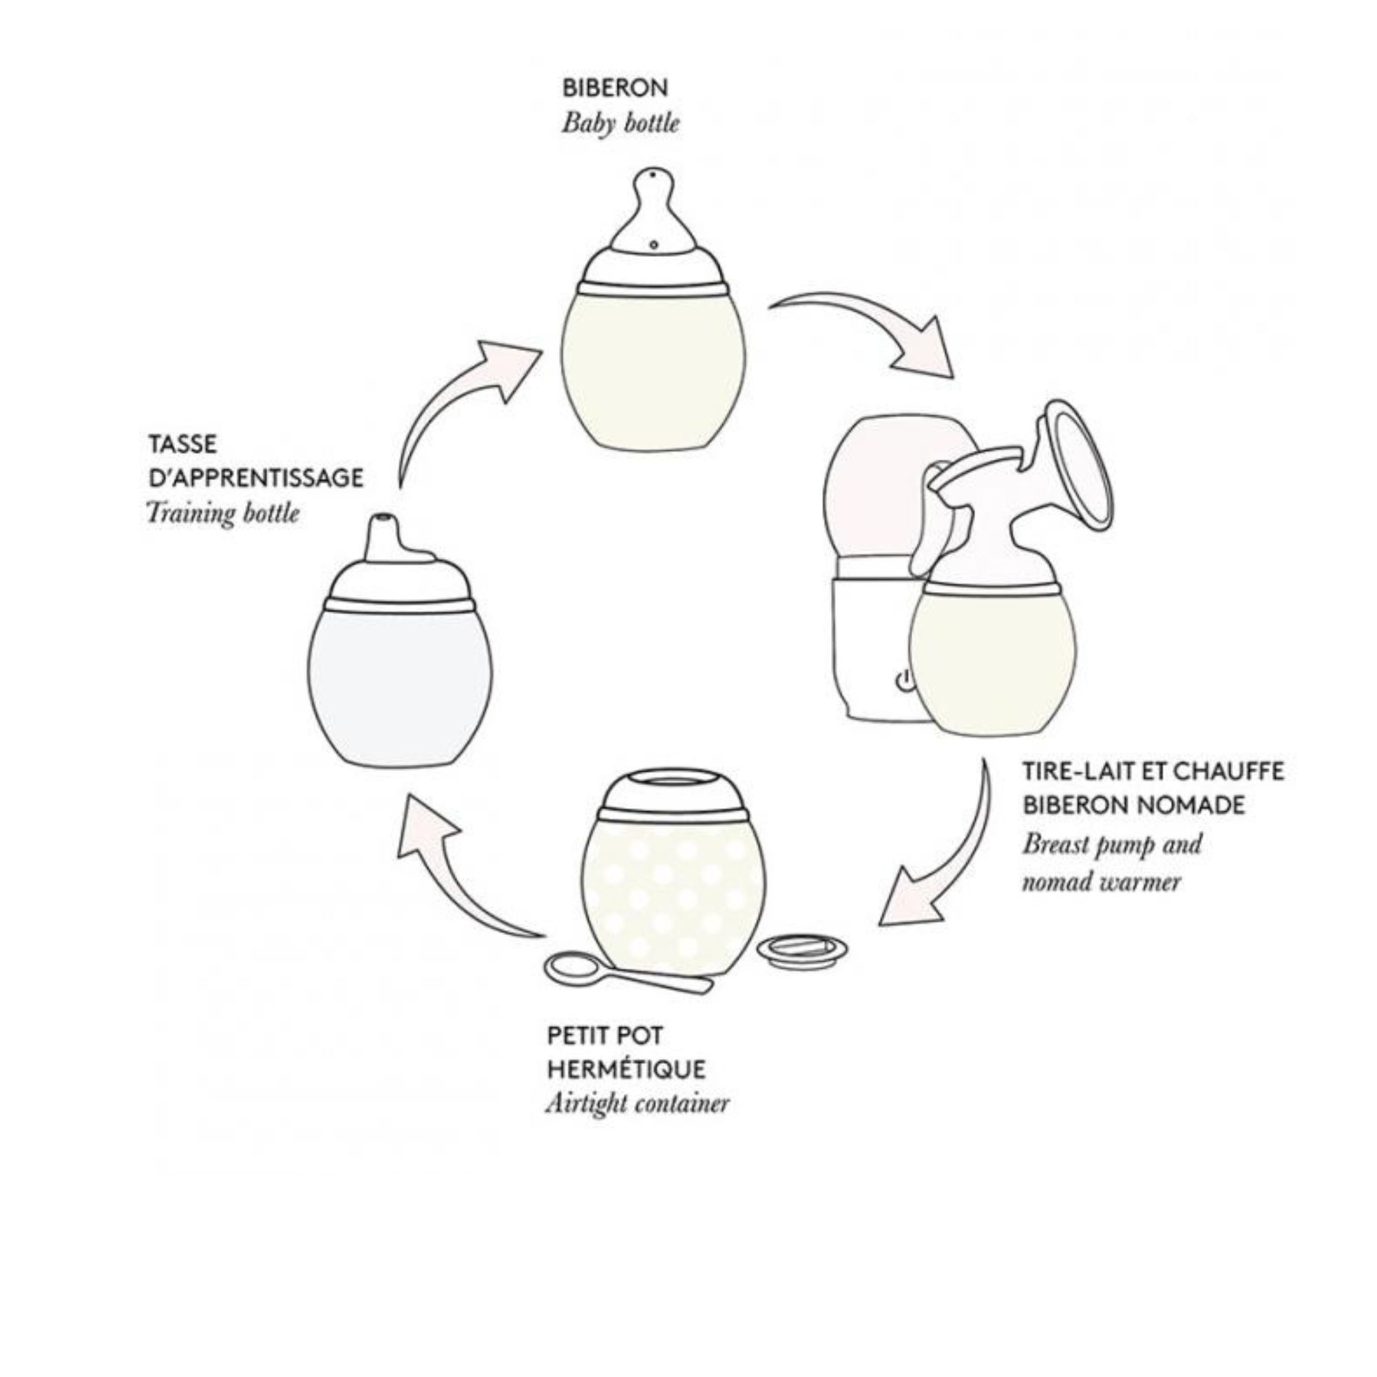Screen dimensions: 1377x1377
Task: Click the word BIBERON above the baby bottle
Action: (615, 88)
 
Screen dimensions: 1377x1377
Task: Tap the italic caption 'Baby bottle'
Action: (620, 123)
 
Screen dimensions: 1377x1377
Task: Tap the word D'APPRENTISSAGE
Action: (255, 478)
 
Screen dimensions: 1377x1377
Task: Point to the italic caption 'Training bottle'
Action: (222, 512)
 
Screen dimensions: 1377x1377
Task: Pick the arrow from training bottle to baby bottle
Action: (456, 399)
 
